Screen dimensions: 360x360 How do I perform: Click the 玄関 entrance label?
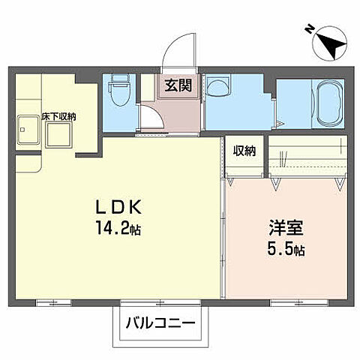[178, 85]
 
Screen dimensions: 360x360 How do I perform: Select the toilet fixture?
[118, 94]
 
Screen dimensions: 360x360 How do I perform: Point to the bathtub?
[328, 106]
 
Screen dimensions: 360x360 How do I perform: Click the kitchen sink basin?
[27, 131]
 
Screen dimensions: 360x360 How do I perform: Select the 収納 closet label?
[244, 150]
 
